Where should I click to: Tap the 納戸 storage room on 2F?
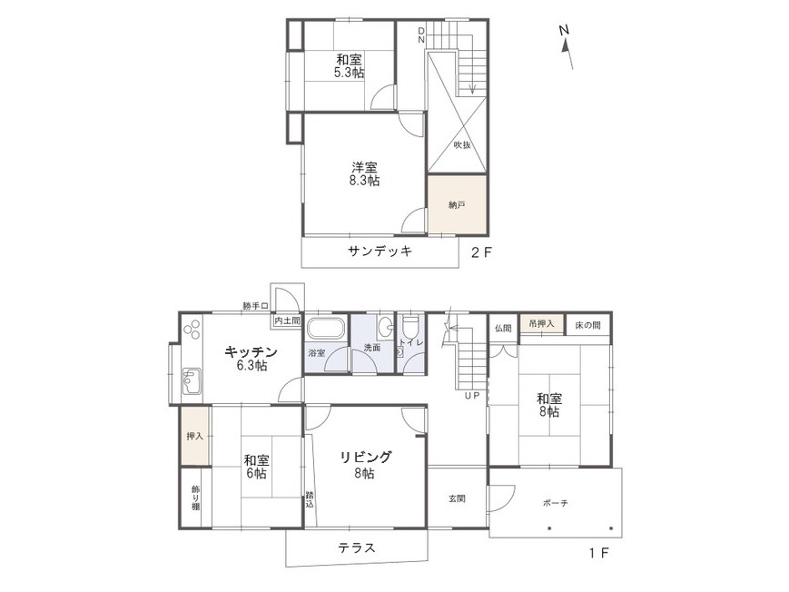click(457, 204)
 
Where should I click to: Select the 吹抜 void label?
click(462, 145)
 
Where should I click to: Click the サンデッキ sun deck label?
click(380, 251)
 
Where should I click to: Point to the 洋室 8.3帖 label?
click(364, 174)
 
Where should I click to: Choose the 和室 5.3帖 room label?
click(350, 66)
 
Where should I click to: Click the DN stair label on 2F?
click(421, 35)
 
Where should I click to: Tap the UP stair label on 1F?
click(472, 396)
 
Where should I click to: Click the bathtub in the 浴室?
click(325, 328)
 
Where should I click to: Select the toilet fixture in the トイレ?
click(410, 326)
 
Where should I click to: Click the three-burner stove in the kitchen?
click(192, 330)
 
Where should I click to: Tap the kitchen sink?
click(192, 381)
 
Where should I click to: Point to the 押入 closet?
click(194, 436)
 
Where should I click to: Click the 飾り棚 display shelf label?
click(195, 498)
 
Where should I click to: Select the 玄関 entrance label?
click(457, 498)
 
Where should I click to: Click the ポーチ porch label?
click(556, 502)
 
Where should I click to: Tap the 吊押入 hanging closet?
click(542, 323)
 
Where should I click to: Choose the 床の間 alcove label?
click(587, 325)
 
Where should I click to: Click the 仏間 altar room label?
click(503, 328)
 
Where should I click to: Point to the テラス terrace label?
click(356, 548)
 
